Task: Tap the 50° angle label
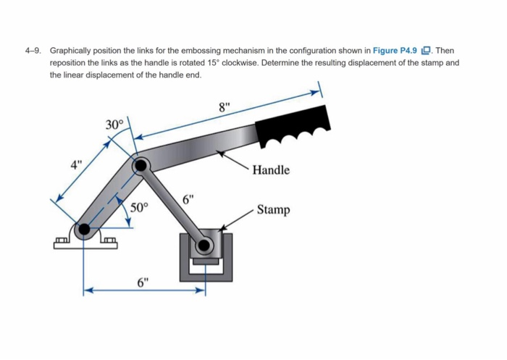click(139, 208)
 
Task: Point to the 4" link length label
click(75, 163)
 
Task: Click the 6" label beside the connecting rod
click(188, 198)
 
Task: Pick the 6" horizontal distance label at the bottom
click(143, 282)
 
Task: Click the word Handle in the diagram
click(272, 170)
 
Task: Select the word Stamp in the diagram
click(274, 210)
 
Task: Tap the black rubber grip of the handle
click(293, 128)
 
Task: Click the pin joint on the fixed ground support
click(85, 230)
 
